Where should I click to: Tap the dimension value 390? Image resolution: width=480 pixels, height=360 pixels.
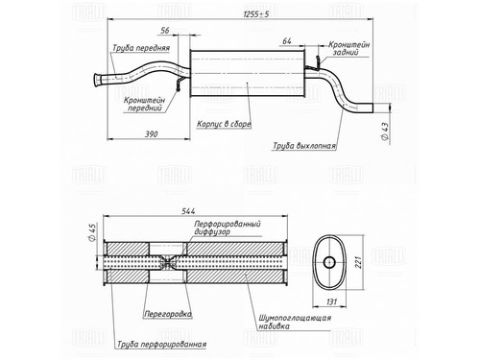pyautogui.click(x=152, y=134)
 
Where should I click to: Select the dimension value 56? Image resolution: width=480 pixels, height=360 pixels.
pyautogui.click(x=165, y=31)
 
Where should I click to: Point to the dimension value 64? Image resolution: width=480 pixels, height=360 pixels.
pyautogui.click(x=287, y=41)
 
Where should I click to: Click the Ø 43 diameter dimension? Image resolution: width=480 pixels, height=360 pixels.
pyautogui.click(x=385, y=131)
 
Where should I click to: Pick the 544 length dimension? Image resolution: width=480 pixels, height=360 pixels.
pyautogui.click(x=188, y=211)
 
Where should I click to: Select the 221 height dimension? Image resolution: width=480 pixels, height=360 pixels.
pyautogui.click(x=359, y=262)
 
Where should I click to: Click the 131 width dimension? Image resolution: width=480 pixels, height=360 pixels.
pyautogui.click(x=332, y=301)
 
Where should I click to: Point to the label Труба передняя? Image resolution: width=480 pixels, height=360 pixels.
pyautogui.click(x=141, y=48)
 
